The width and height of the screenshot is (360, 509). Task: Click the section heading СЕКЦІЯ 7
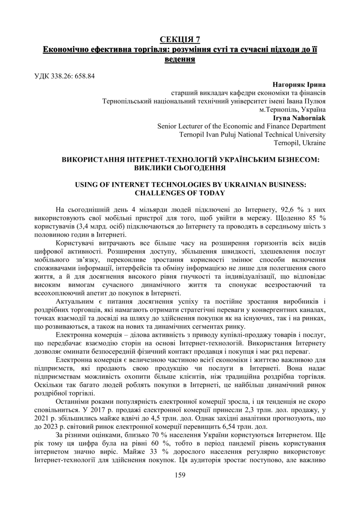click(x=180, y=39)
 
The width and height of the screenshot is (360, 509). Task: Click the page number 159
click(x=180, y=475)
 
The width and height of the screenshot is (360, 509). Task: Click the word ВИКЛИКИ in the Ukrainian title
click(x=155, y=167)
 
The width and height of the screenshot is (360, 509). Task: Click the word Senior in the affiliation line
click(x=167, y=126)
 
